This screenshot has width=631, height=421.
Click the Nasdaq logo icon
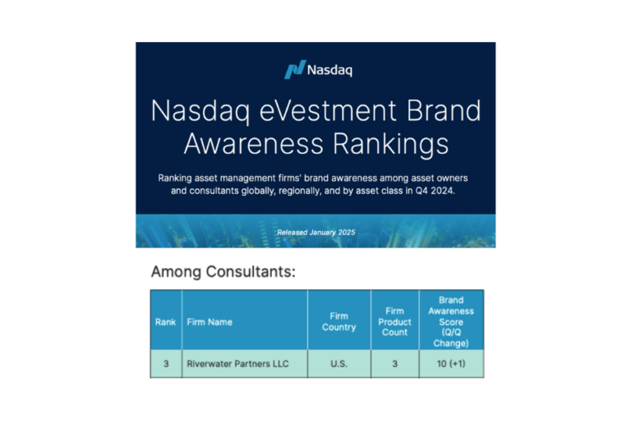(294, 70)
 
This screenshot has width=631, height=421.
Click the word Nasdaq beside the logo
(329, 70)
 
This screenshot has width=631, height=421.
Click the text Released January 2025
(316, 233)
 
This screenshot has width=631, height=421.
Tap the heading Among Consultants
(223, 271)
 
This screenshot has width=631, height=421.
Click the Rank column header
(165, 322)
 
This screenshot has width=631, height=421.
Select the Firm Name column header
(210, 322)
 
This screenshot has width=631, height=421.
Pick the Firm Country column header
(339, 322)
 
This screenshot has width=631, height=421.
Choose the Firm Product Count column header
(394, 322)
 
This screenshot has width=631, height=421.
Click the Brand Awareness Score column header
(451, 322)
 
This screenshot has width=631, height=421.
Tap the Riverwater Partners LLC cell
(237, 363)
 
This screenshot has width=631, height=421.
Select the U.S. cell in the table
(339, 363)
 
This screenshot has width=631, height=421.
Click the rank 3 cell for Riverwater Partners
(165, 363)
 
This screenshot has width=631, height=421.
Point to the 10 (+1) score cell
(451, 363)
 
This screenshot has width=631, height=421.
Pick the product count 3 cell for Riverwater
(394, 363)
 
